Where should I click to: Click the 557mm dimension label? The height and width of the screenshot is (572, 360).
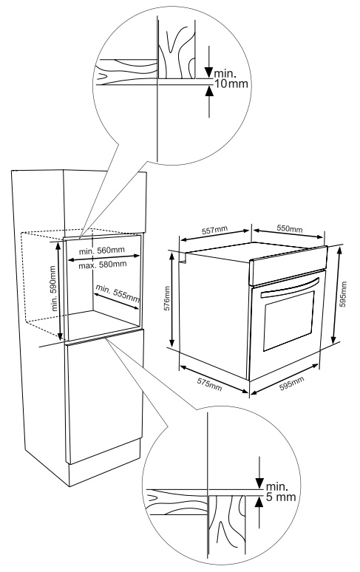pos(214,230)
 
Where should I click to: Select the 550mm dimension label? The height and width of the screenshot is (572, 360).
pos(289,228)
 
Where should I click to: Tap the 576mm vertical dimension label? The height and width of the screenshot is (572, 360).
pos(166,298)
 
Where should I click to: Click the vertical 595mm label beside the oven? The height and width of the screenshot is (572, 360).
pos(343,293)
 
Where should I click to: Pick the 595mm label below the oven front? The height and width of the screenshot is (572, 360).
pos(291,384)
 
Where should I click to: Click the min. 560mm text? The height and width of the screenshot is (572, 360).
pos(102,251)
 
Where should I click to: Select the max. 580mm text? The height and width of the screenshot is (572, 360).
pos(103,264)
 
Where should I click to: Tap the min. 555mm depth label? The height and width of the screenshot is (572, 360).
pos(118,293)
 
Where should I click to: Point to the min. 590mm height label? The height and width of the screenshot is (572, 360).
pos(54,288)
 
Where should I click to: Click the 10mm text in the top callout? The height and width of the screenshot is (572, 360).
pos(231,84)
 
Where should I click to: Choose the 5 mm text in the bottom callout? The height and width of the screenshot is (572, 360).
pos(280,497)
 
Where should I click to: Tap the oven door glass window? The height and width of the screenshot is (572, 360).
pos(289,321)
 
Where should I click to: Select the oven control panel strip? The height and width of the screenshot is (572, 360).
pos(288,265)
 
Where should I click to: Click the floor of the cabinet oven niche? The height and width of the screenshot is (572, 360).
pos(102,322)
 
